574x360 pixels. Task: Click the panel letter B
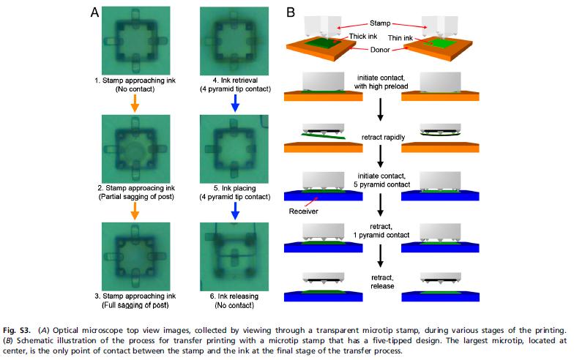(291, 12)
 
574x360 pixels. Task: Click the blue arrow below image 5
(234, 210)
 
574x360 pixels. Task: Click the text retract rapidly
(381, 136)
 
